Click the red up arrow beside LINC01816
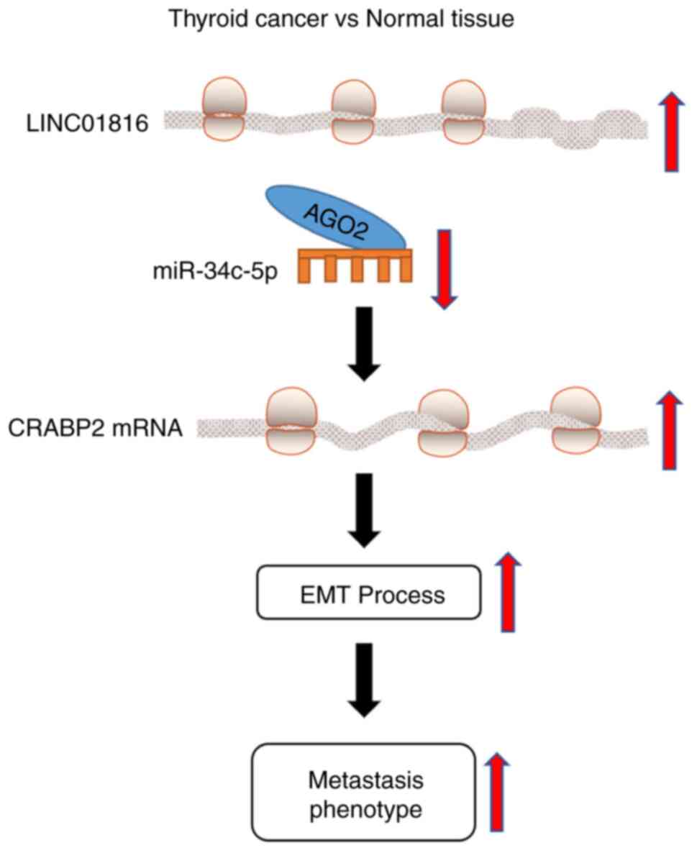[670, 132]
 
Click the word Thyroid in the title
[202, 19]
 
